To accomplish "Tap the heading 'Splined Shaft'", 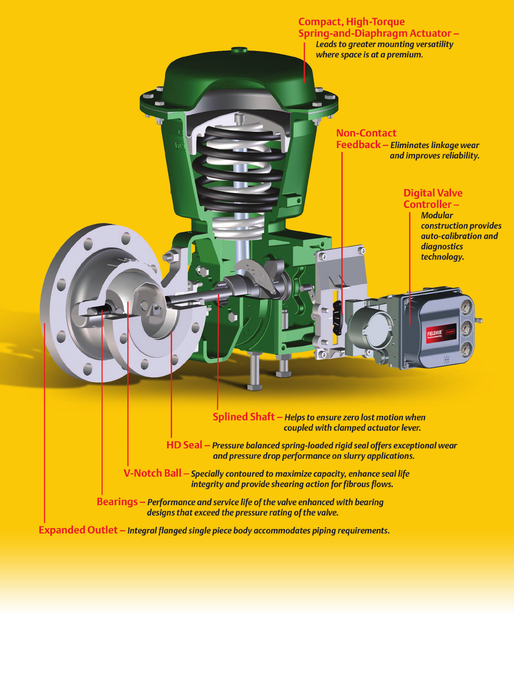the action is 243,417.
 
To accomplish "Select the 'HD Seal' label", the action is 184,445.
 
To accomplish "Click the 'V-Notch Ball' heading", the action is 152,473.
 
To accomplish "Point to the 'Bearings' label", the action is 117,502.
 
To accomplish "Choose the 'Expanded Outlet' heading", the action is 78,530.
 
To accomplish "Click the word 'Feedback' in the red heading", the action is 358,145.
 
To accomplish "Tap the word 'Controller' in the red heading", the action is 427,204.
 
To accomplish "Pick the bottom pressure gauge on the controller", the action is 466,349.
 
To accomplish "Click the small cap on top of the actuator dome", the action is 239,50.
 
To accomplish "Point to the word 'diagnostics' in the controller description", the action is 442,247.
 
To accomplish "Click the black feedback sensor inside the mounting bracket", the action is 337,316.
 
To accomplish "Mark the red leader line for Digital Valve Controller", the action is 410,268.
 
